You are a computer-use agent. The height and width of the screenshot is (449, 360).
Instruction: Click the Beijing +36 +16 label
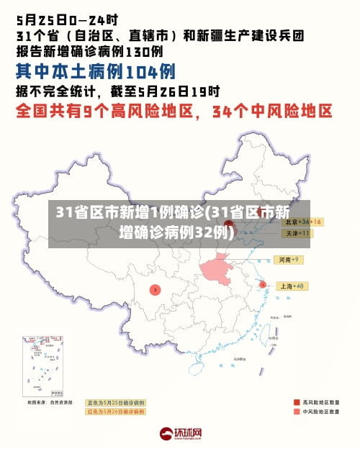301,222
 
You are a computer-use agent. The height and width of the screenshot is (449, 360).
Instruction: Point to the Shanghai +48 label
292,286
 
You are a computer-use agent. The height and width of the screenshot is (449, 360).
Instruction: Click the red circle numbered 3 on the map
155,289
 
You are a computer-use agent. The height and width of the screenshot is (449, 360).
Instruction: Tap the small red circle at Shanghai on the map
263,285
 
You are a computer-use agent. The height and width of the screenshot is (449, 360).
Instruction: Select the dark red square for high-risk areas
297,402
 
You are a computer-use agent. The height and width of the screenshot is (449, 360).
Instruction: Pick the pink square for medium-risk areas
297,412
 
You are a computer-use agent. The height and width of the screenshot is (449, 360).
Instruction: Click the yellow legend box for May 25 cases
115,402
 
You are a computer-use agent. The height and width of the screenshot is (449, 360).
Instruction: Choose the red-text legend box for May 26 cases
115,412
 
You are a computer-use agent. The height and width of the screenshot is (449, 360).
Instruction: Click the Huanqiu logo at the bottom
180,434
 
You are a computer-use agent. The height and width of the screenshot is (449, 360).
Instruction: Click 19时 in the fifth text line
209,91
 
